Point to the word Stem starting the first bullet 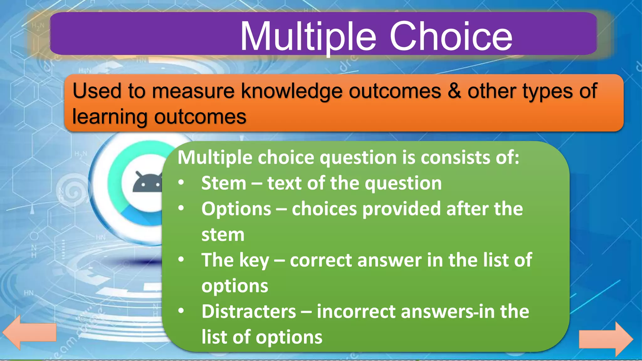tap(224, 183)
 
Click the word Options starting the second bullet tap(236, 209)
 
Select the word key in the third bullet tap(254, 260)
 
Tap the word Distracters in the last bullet tap(249, 311)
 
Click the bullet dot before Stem tap(181, 182)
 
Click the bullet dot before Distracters tap(181, 311)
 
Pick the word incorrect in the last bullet tap(355, 311)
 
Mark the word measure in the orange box tap(193, 91)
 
